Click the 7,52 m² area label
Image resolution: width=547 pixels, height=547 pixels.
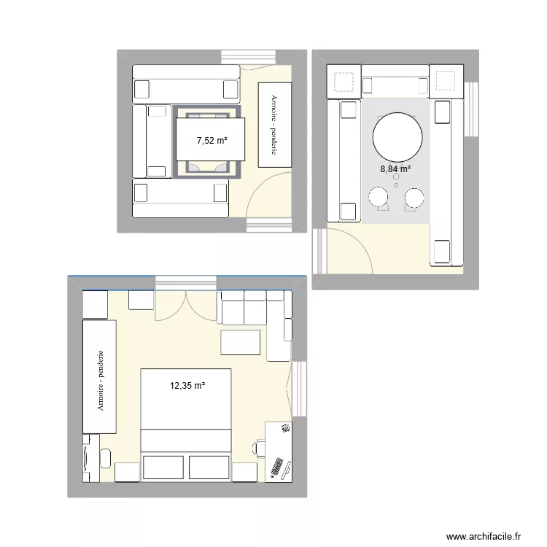[212, 141]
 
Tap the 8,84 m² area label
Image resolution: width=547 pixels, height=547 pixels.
[395, 169]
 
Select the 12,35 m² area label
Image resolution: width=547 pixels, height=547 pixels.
[187, 385]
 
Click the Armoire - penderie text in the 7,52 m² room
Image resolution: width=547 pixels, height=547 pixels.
[273, 124]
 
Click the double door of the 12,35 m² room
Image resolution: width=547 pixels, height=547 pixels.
[186, 306]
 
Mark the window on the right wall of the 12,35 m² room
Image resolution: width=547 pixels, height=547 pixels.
[299, 389]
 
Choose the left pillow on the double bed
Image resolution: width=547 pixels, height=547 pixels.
[164, 468]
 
